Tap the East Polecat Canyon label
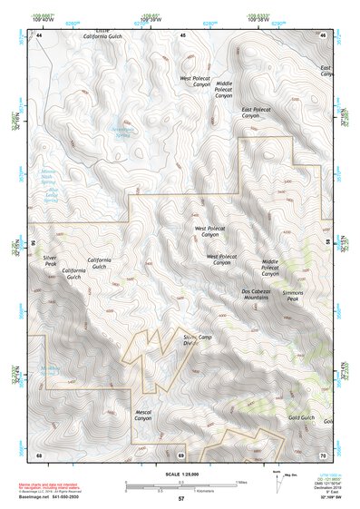257,113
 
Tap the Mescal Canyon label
143,416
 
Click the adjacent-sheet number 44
40,35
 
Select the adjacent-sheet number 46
323,35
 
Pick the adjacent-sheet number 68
40,453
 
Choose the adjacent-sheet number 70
323,453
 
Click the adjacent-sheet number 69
181,453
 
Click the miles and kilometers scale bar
180,484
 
